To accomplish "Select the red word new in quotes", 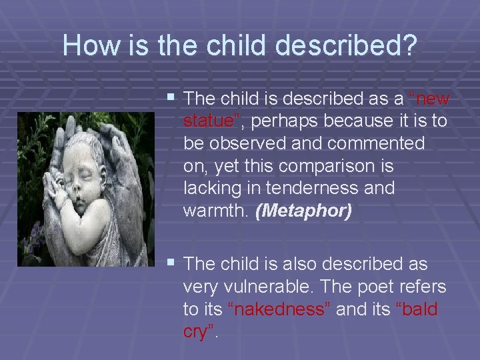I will click(x=431, y=99).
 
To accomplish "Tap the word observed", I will click(x=251, y=143).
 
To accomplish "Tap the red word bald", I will click(x=417, y=309).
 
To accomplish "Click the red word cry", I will click(x=197, y=331).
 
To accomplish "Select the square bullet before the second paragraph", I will click(x=171, y=263).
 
